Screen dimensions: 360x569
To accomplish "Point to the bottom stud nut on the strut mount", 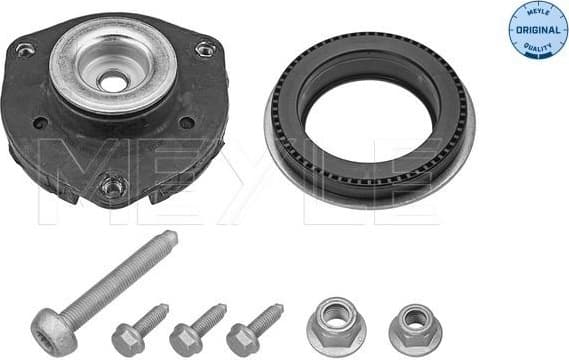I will click(113, 185).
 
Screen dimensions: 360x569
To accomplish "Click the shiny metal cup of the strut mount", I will click(112, 70).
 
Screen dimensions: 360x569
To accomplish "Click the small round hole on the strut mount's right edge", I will click(187, 122).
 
